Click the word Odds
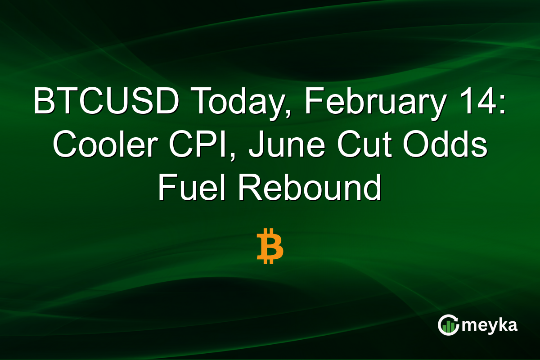click(454, 145)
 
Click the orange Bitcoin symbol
click(270, 247)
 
